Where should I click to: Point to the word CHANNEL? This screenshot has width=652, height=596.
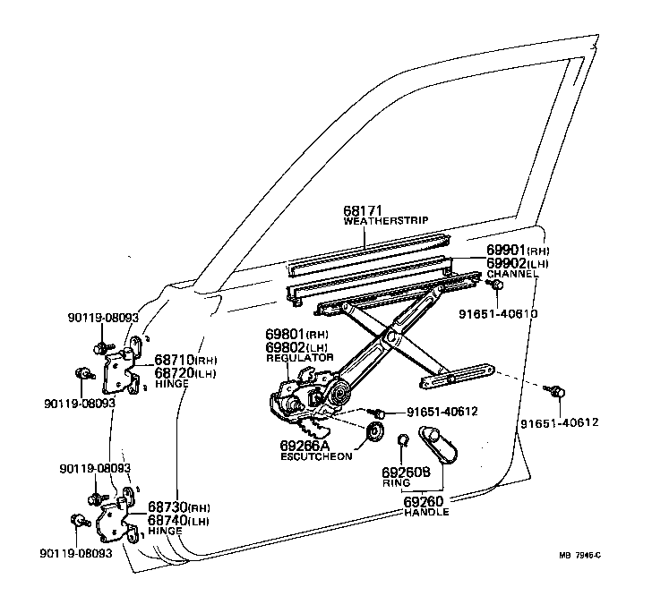[x=512, y=274]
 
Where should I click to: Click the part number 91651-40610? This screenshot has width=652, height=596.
[x=498, y=313]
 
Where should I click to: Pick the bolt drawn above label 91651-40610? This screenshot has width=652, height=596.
[x=494, y=285]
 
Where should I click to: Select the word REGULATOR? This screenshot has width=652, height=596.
[x=299, y=357]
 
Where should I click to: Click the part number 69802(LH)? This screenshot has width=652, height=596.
[x=299, y=346]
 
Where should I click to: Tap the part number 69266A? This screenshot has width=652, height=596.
[x=305, y=444]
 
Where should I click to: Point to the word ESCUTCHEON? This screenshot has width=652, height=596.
[x=314, y=456]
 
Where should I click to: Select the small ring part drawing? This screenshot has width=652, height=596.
[x=402, y=439]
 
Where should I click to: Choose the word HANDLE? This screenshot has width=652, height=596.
[x=425, y=513]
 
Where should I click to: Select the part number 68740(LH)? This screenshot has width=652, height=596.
[x=178, y=520]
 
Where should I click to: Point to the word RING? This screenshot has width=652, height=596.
[x=396, y=482]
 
